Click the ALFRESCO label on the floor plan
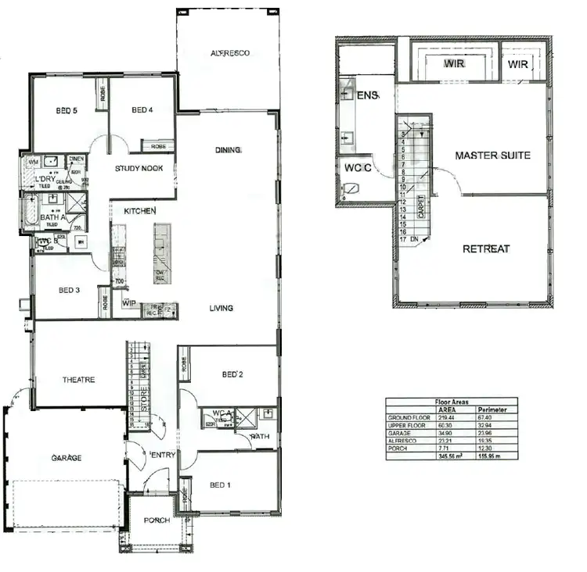click(x=229, y=53)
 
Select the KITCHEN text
click(x=140, y=211)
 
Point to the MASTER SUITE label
click(x=492, y=156)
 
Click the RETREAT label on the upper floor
click(x=486, y=249)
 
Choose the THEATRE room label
click(x=78, y=380)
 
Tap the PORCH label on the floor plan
click(x=157, y=520)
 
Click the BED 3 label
click(x=70, y=290)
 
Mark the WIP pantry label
click(x=130, y=302)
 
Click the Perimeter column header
click(x=492, y=409)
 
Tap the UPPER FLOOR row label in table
click(x=408, y=426)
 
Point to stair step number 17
click(x=403, y=240)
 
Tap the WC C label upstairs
click(x=353, y=167)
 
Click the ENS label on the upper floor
click(x=367, y=95)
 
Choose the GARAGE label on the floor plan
click(x=67, y=457)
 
